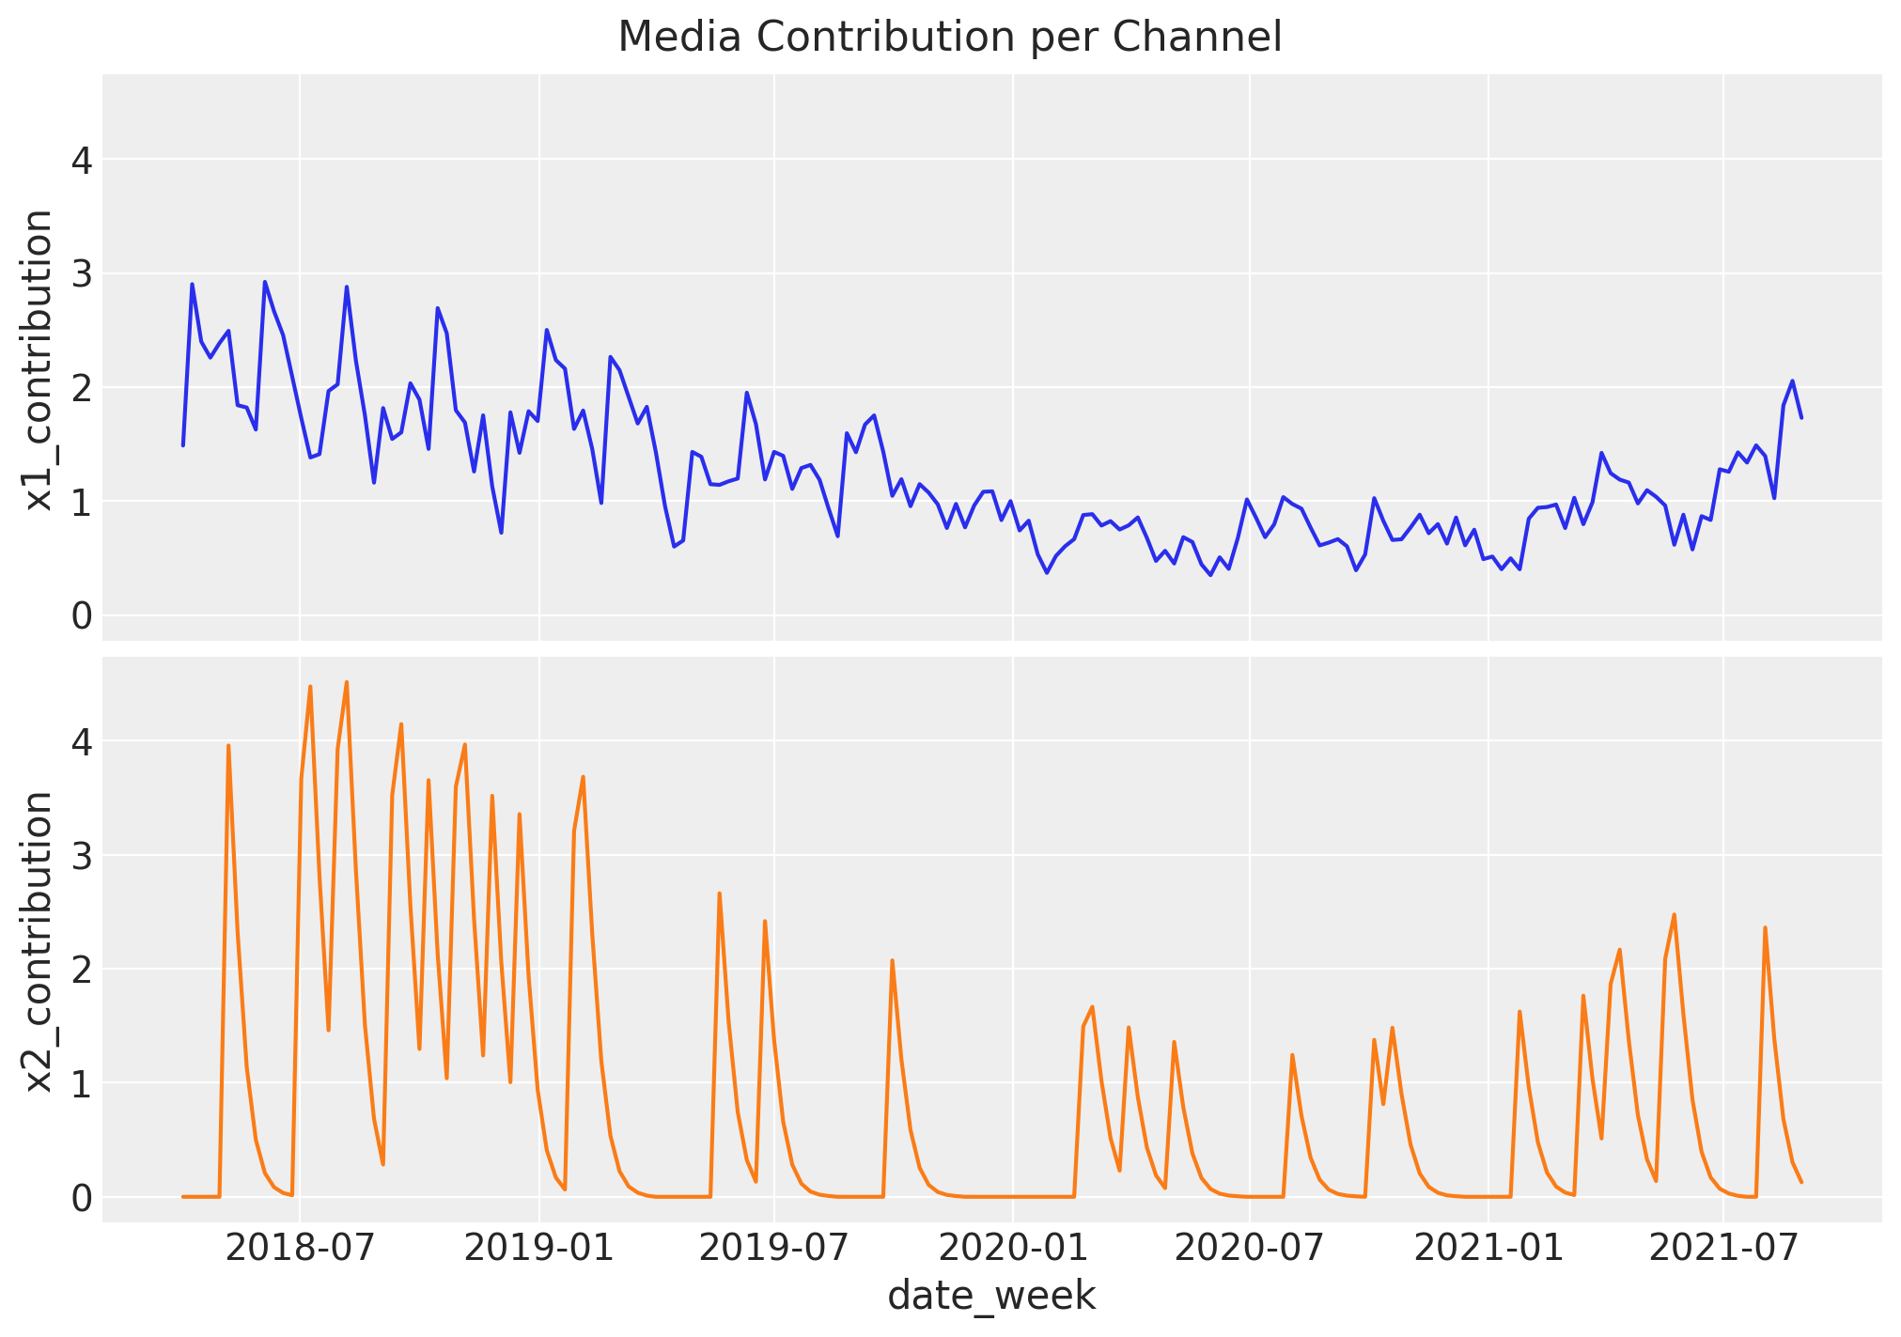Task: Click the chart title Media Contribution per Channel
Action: coord(949,38)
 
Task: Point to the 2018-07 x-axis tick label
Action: coord(299,1250)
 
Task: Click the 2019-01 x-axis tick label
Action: coord(538,1250)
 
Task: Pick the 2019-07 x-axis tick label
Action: coord(774,1250)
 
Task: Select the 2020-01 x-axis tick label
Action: coord(1012,1250)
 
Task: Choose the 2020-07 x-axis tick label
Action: coord(1249,1250)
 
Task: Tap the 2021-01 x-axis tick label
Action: coord(1488,1250)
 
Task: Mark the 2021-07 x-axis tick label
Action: coord(1723,1250)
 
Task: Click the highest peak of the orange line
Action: coord(347,682)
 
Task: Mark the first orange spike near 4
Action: coord(228,745)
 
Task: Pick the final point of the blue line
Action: coord(1801,417)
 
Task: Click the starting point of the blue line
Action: coord(183,445)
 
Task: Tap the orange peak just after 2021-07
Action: coord(1765,927)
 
